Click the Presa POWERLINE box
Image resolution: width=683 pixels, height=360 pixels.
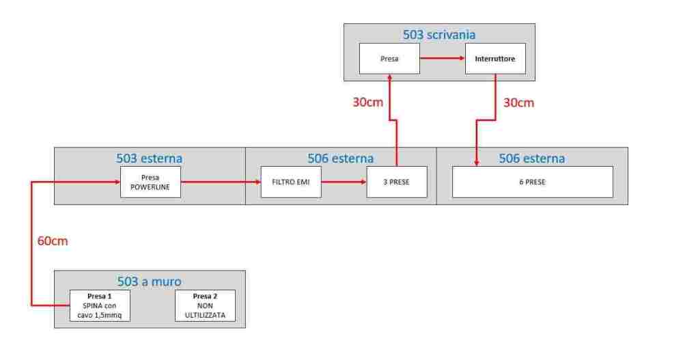150,182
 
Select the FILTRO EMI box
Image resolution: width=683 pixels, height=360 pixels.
291,182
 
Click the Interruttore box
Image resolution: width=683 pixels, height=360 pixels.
495,59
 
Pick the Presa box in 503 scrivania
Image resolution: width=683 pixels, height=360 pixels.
389,59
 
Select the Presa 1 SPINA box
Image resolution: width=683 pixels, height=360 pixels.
99,305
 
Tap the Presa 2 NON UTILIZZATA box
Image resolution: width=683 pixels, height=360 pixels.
205,305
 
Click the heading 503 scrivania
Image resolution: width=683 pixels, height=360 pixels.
439,34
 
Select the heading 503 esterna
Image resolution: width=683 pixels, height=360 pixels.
150,158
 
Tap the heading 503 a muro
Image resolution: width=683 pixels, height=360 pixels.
150,281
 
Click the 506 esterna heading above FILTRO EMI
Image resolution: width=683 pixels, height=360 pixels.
341,158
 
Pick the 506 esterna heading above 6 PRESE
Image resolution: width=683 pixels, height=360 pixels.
532,158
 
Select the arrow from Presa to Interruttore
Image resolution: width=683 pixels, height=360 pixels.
441,59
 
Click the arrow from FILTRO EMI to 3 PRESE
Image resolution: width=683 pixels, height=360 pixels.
344,182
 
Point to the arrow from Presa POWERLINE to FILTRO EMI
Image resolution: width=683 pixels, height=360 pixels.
220,182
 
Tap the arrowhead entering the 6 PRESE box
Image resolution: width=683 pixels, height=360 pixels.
476,163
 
